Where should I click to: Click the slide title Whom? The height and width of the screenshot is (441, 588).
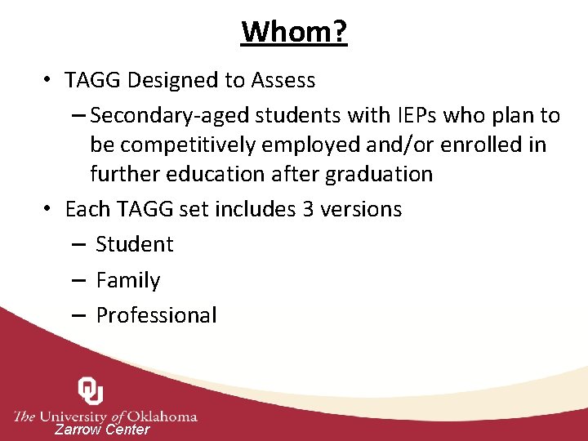point(294,32)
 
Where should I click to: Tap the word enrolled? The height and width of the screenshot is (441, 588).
point(492,145)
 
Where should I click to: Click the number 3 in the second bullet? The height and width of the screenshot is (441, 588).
point(308,209)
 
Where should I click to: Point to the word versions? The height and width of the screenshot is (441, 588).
point(361,209)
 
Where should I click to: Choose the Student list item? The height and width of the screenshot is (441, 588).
point(134,244)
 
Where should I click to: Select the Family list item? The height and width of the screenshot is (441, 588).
point(128,280)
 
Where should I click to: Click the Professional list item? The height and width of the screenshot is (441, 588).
point(156,315)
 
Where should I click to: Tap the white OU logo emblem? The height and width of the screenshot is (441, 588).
point(91,390)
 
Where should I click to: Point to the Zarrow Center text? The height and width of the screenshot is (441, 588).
point(102,430)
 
